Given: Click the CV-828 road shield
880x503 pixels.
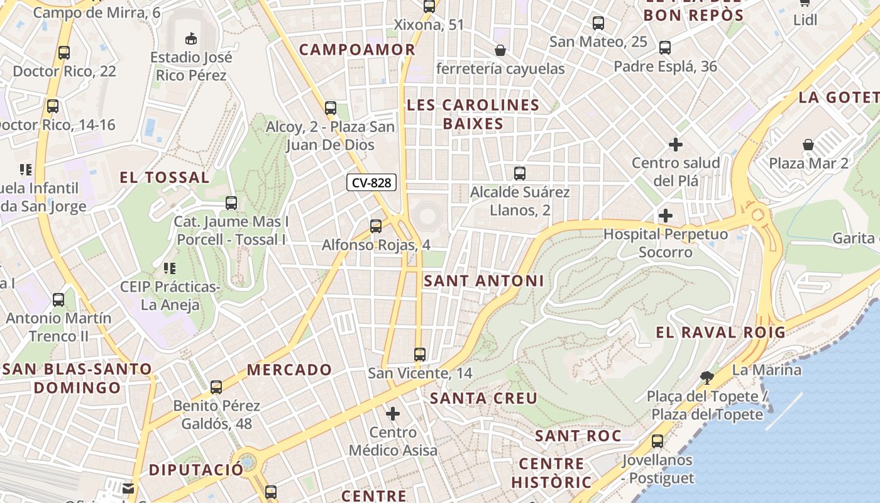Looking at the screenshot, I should [x=371, y=183].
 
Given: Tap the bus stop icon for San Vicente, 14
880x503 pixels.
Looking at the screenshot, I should [x=420, y=355].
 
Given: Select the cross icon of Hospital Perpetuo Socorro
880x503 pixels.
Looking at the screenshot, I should [x=666, y=216].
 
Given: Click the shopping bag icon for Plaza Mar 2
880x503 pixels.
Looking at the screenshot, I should [x=808, y=145].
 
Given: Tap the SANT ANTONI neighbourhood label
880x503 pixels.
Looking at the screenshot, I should [x=483, y=281].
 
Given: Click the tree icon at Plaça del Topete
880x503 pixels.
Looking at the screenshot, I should [x=707, y=378].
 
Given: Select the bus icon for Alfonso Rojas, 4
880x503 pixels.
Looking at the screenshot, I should [x=376, y=226].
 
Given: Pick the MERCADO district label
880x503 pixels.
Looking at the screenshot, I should [x=289, y=370].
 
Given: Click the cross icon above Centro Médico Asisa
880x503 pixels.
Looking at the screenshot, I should [x=393, y=414].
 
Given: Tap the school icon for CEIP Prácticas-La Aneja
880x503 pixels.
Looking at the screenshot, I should [x=169, y=269].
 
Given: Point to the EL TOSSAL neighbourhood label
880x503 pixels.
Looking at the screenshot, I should [x=165, y=178].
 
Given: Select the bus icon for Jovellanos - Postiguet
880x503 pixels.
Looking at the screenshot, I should [x=657, y=441].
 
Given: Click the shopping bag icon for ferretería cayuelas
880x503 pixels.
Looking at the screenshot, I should [x=500, y=50].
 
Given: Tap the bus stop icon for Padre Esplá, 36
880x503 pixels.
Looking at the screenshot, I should [x=665, y=48].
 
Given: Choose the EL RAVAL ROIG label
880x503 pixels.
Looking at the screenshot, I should [x=720, y=333].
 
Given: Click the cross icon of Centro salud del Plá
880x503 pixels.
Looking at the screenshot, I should [x=676, y=145].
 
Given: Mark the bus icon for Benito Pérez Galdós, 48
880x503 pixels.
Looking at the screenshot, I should [x=216, y=387].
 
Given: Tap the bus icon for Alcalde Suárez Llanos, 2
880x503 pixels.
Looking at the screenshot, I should [x=520, y=174].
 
